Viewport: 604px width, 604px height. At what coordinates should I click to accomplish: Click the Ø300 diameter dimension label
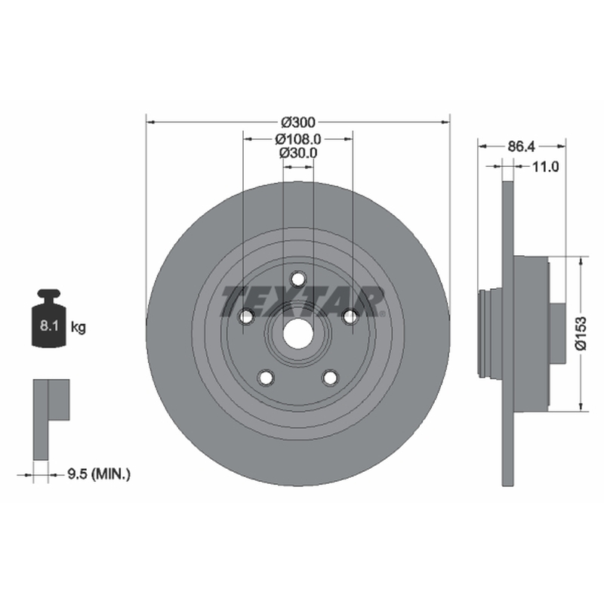[x=298, y=122]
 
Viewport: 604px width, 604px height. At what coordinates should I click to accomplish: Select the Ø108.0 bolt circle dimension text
[x=298, y=139]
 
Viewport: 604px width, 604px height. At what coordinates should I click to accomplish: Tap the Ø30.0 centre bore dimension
[x=298, y=153]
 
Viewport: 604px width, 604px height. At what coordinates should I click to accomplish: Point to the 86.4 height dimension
[x=521, y=146]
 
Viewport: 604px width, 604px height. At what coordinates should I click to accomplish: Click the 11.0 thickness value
[x=545, y=166]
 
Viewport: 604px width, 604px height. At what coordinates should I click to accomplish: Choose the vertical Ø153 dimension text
[x=581, y=333]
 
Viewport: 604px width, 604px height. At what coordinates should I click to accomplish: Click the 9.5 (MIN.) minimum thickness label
[x=99, y=474]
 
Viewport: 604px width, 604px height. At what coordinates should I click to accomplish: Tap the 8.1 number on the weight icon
[x=49, y=326]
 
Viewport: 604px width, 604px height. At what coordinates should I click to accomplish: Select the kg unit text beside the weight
[x=79, y=328]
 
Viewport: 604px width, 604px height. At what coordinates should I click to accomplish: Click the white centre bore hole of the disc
[x=297, y=334]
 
